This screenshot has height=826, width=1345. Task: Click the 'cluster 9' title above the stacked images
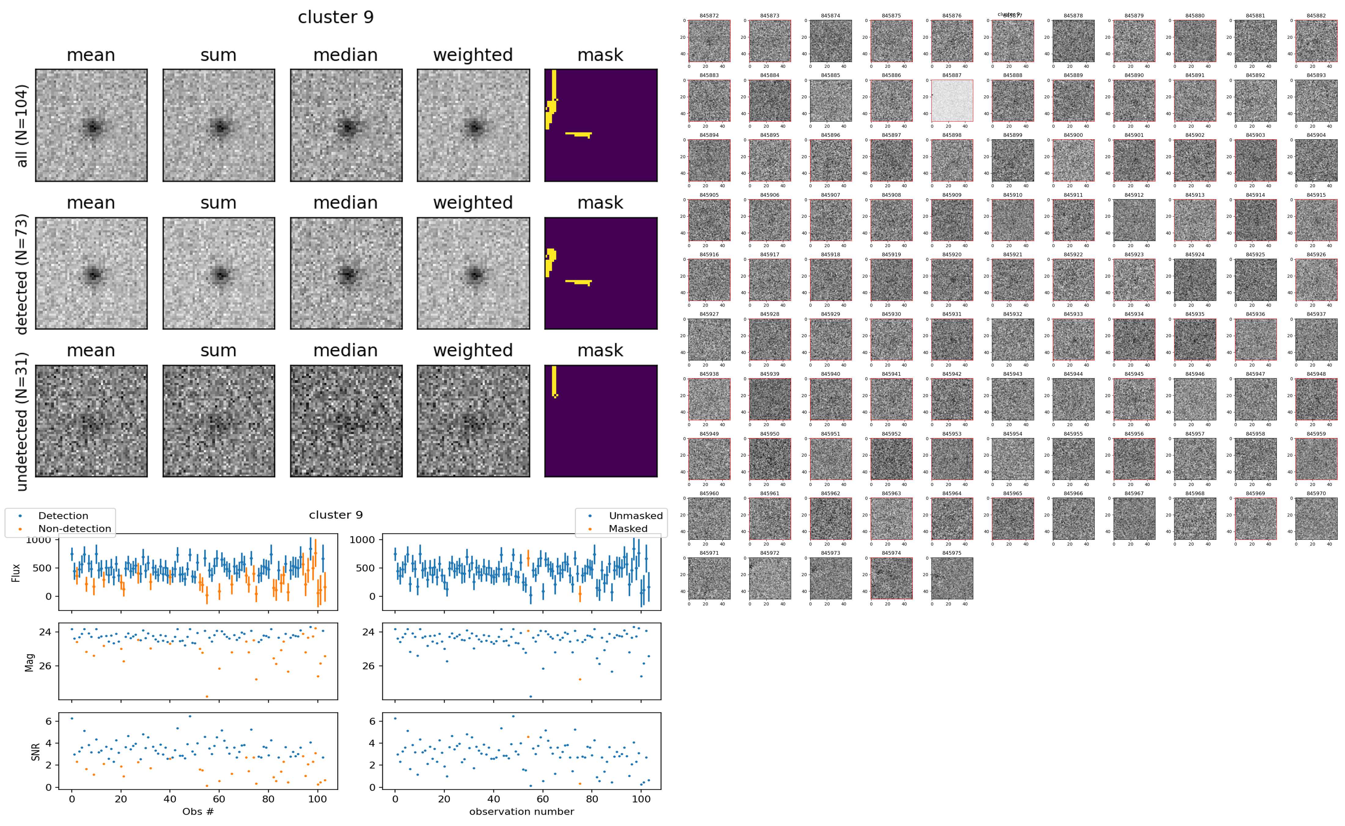tap(336, 17)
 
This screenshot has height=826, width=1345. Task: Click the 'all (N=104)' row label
tap(22, 126)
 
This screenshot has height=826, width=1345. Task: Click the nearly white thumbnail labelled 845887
tap(952, 101)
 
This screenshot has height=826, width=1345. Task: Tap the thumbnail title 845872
tap(709, 16)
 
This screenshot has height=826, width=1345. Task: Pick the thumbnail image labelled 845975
tap(952, 578)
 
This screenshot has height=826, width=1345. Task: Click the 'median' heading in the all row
tap(345, 55)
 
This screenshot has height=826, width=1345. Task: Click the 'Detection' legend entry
tap(63, 516)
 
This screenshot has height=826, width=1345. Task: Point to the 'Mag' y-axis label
tap(30, 662)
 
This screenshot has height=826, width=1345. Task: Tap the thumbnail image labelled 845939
tap(769, 399)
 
